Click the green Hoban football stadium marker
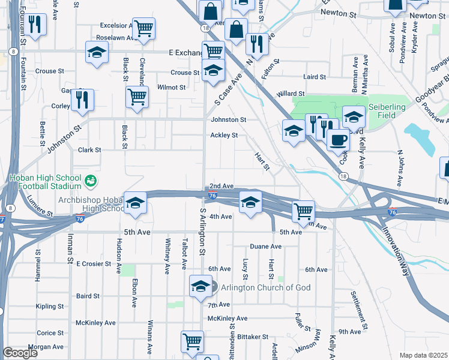click(90, 180)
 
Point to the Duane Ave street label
click(265, 247)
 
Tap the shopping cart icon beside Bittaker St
click(192, 342)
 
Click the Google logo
click(20, 353)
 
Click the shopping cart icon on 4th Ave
click(304, 211)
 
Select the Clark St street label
click(89, 150)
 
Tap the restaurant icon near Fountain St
click(36, 25)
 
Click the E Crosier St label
click(94, 263)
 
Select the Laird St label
click(314, 77)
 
